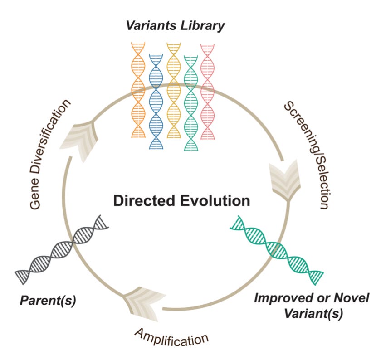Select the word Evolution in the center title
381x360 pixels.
218,200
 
